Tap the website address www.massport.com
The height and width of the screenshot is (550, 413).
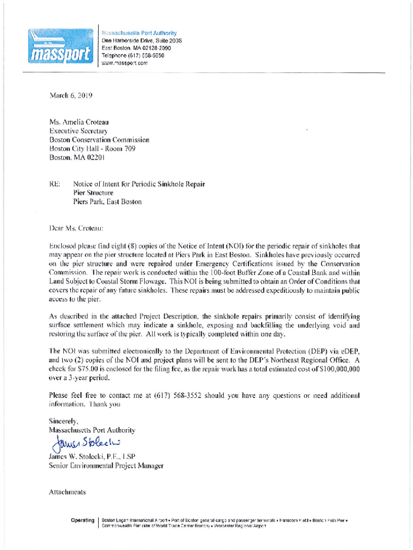[x=124, y=63]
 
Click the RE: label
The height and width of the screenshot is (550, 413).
[x=55, y=184]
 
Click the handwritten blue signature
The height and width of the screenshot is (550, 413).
[x=86, y=443]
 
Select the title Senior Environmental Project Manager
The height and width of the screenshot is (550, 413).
[x=106, y=466]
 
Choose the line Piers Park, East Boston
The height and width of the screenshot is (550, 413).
[x=107, y=202]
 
